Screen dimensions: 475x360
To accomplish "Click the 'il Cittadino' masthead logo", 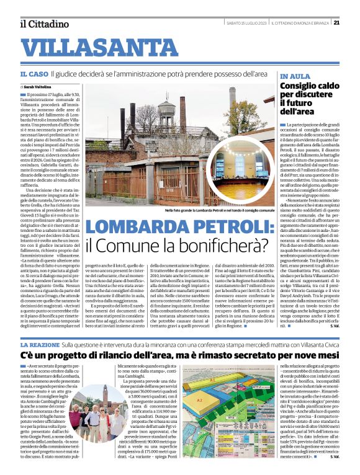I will tap(43, 24).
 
